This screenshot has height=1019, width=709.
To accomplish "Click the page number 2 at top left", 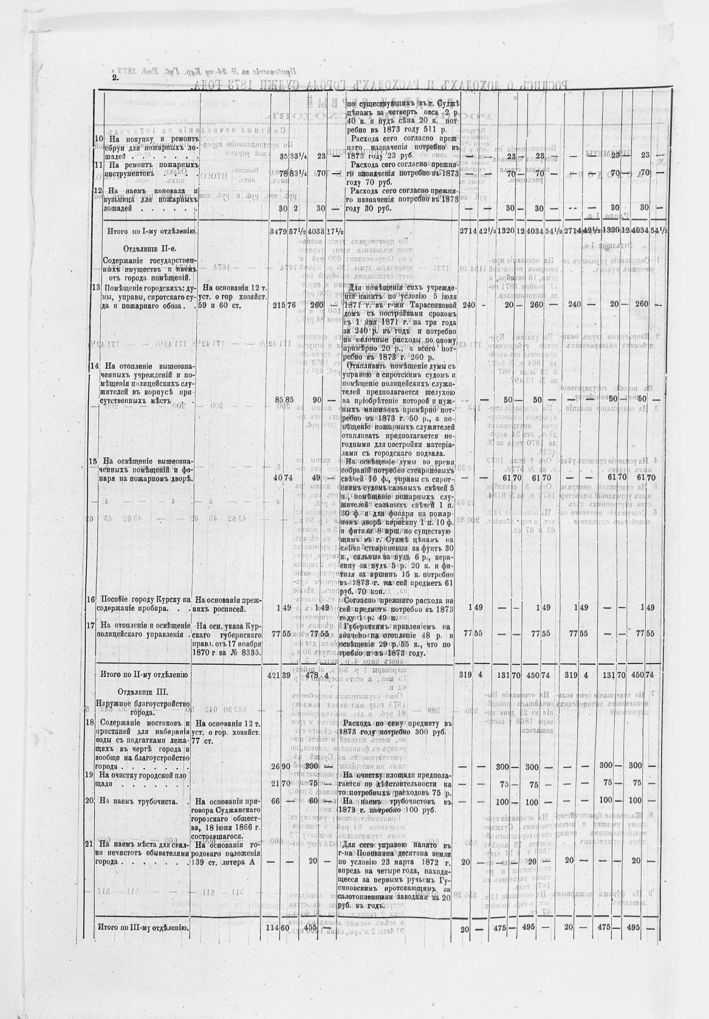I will (x=114, y=78).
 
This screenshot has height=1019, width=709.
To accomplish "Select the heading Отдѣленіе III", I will (x=143, y=691).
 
